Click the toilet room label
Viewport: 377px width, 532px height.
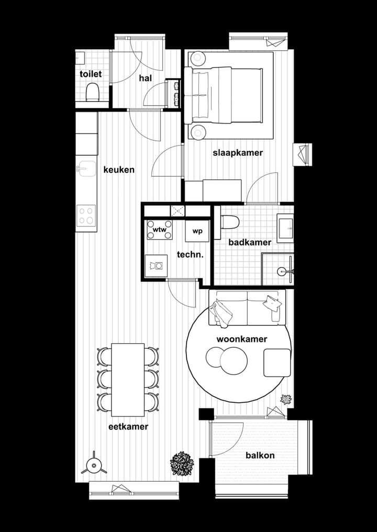click(x=91, y=74)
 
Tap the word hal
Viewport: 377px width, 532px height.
click(x=145, y=78)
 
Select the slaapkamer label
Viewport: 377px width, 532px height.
click(x=237, y=153)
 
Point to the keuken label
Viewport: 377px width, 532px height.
click(x=119, y=170)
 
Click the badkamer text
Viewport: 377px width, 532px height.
click(x=250, y=243)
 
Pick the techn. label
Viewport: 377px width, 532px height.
click(x=190, y=254)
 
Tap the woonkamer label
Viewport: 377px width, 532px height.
click(x=242, y=339)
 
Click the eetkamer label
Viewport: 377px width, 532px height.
click(x=128, y=427)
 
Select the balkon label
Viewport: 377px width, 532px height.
click(x=260, y=456)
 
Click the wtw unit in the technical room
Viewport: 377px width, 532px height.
click(x=159, y=230)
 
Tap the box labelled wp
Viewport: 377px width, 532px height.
click(x=197, y=231)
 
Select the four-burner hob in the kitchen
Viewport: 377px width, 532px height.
click(x=86, y=215)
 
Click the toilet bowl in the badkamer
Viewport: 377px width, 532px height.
click(x=230, y=222)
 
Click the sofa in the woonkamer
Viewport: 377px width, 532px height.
click(x=247, y=305)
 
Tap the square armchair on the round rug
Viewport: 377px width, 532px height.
click(x=276, y=363)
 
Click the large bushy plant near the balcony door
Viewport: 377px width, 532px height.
click(x=182, y=463)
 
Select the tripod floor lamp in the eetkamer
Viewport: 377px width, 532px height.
click(x=94, y=465)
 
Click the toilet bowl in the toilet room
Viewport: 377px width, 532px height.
click(x=93, y=93)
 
